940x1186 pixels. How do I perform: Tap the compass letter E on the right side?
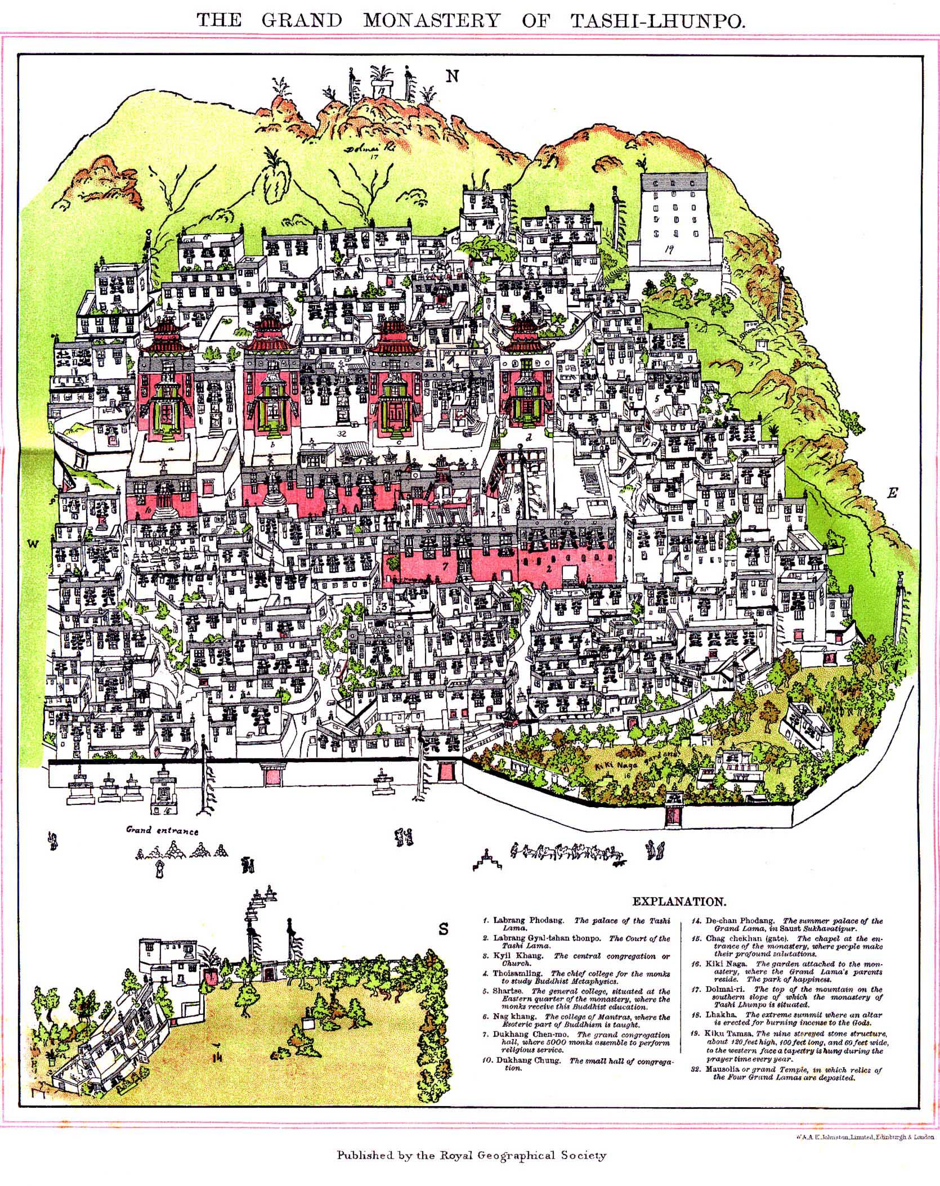coord(891,493)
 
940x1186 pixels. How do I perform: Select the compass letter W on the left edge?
coord(33,543)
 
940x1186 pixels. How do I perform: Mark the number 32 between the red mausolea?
coord(341,434)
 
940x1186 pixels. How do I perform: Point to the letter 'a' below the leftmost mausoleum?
coord(170,450)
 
